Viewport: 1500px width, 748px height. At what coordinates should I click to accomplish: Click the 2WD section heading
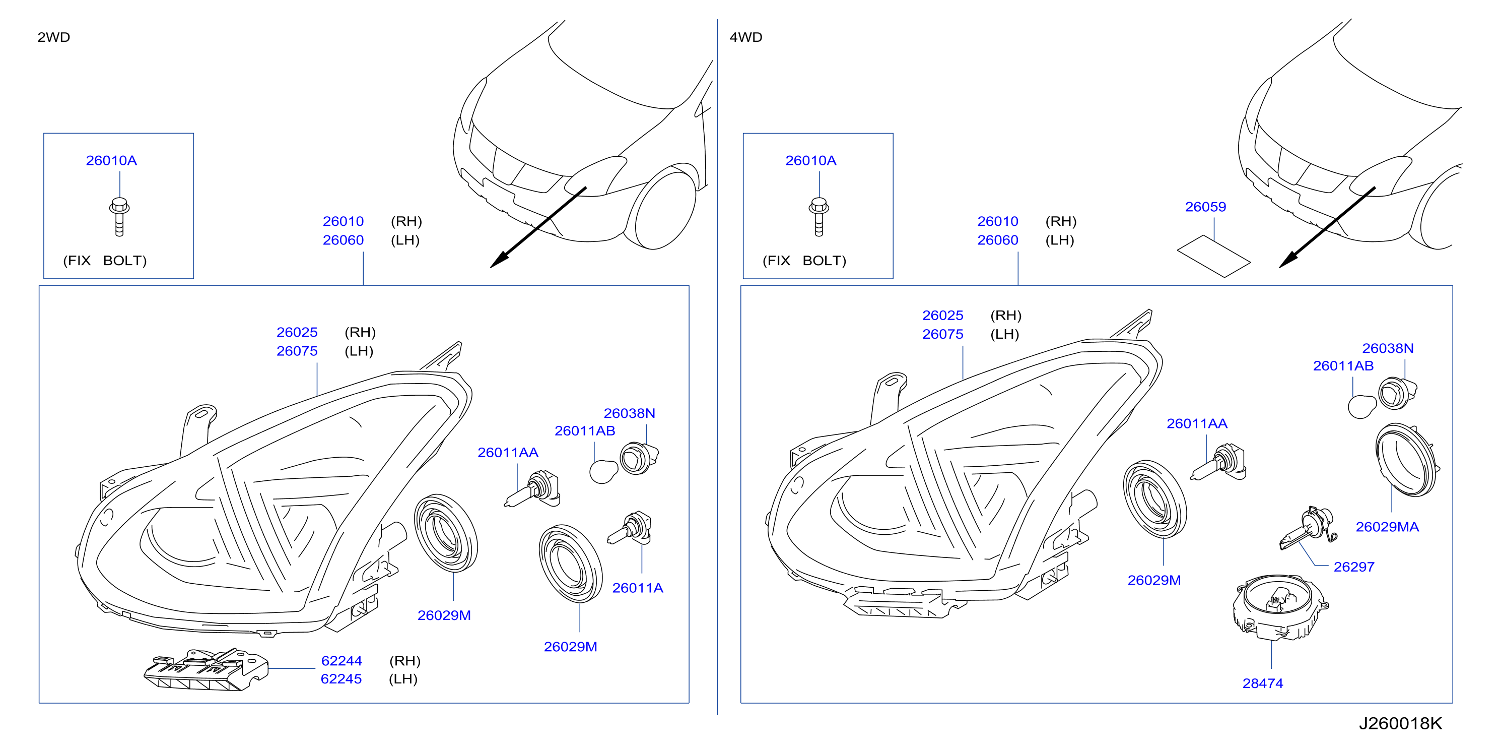53,37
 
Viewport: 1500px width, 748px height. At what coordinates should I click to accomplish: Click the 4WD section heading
746,37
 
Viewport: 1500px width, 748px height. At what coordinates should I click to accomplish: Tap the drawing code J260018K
1400,723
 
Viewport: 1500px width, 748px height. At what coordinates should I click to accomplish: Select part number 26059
1205,207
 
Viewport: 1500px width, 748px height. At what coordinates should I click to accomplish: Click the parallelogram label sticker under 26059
1213,257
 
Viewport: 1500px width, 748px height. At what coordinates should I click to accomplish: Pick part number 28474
1262,683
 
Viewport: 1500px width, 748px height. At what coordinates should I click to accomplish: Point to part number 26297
1354,567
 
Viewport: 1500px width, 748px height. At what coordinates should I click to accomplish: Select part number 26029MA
1387,527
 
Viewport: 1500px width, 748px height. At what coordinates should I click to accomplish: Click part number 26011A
638,588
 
